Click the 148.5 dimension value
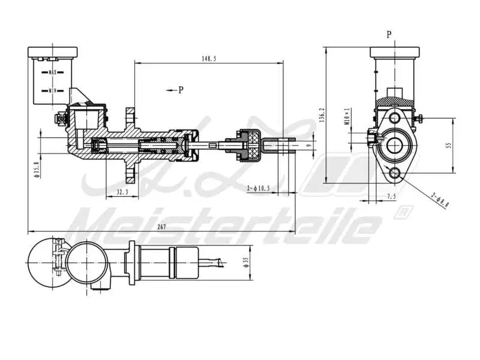[x=209, y=58]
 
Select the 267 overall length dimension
[x=161, y=227]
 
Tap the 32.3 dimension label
[x=122, y=192]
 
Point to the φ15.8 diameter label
[x=36, y=169]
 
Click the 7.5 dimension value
[x=391, y=196]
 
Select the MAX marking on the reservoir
[x=52, y=71]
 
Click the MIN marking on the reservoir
[x=52, y=91]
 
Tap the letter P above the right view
[x=389, y=35]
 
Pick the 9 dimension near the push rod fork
[x=308, y=145]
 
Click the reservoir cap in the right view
[x=393, y=52]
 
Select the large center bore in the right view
[x=394, y=145]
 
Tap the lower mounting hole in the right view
[x=394, y=174]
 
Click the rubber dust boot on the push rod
[x=248, y=145]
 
